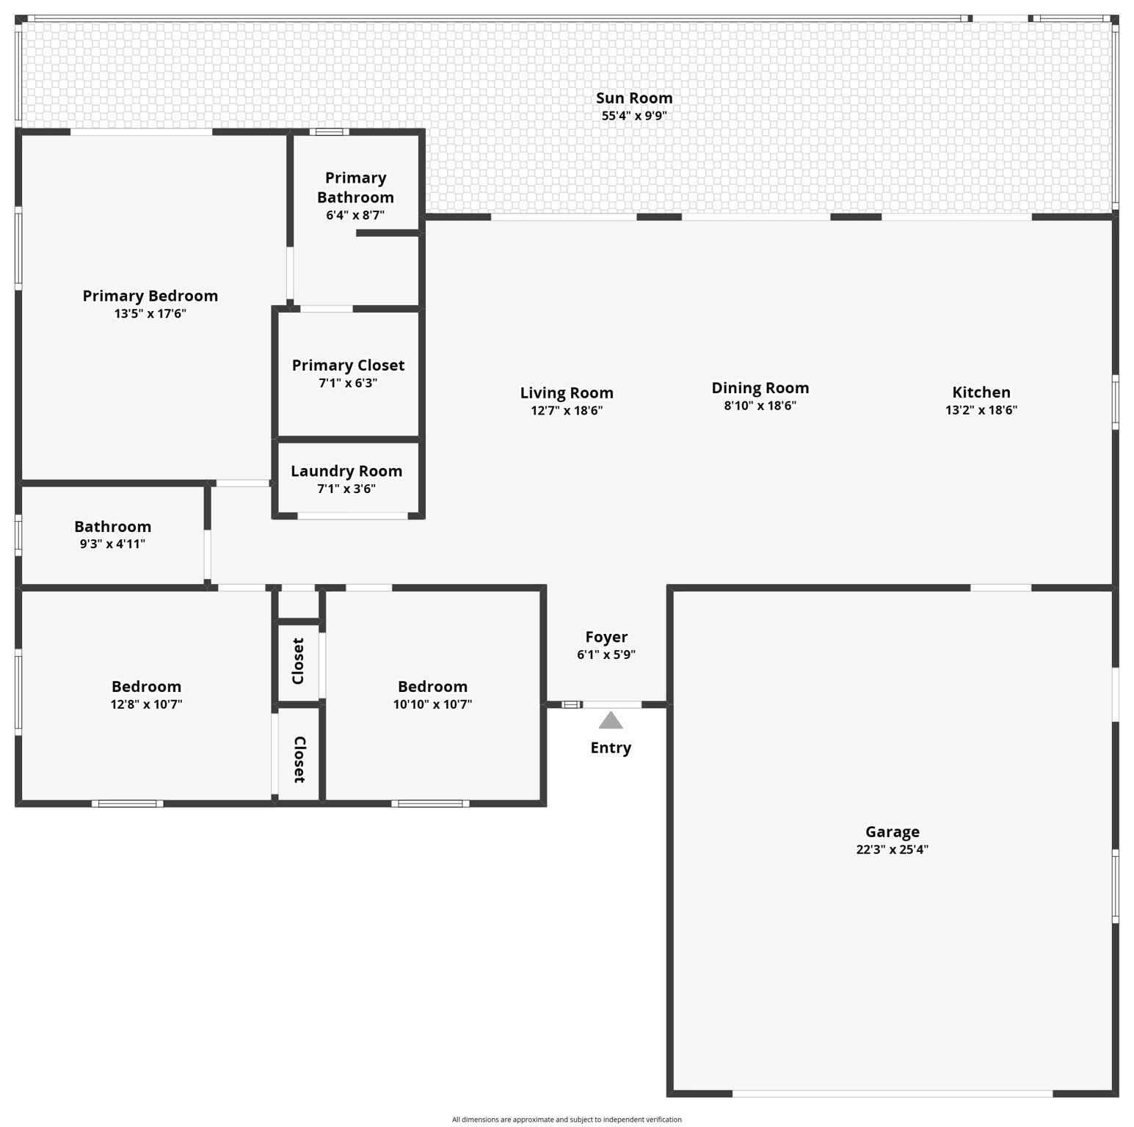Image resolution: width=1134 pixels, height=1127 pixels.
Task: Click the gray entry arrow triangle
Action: [x=611, y=721]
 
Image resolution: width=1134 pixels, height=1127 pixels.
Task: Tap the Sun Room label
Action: [x=634, y=98]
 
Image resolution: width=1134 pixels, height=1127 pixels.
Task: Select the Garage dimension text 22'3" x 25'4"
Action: [x=892, y=850]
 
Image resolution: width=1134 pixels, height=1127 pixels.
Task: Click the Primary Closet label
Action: [x=348, y=365]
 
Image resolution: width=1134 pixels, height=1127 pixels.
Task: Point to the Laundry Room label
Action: [x=346, y=471]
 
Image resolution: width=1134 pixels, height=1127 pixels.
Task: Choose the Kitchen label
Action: [x=981, y=392]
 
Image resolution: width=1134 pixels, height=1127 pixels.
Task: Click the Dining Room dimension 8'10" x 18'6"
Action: [x=760, y=406]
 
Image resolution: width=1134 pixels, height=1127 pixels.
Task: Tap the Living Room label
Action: [x=567, y=393]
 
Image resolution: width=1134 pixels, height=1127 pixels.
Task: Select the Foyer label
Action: [x=606, y=637]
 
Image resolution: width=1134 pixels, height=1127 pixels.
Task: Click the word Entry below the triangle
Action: [x=611, y=748]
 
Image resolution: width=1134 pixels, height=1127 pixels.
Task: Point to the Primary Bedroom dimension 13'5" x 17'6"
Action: [x=150, y=313]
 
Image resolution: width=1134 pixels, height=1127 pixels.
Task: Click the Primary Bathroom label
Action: [x=355, y=187]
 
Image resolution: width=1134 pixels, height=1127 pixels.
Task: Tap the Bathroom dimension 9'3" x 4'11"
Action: [x=112, y=544]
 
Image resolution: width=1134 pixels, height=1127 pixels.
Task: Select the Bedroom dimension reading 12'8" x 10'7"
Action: [x=146, y=704]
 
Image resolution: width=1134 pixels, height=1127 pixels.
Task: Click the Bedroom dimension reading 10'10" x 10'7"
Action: [x=432, y=704]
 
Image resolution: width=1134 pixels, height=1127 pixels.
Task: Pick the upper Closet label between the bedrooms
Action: [x=298, y=661]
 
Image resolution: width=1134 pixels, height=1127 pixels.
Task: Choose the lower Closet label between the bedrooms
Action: [x=299, y=759]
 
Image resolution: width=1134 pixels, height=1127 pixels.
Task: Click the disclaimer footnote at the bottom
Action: [x=567, y=1119]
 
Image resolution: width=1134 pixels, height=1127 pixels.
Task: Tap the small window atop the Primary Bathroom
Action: [x=328, y=132]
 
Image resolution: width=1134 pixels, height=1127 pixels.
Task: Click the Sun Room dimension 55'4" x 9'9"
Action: [x=634, y=116]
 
